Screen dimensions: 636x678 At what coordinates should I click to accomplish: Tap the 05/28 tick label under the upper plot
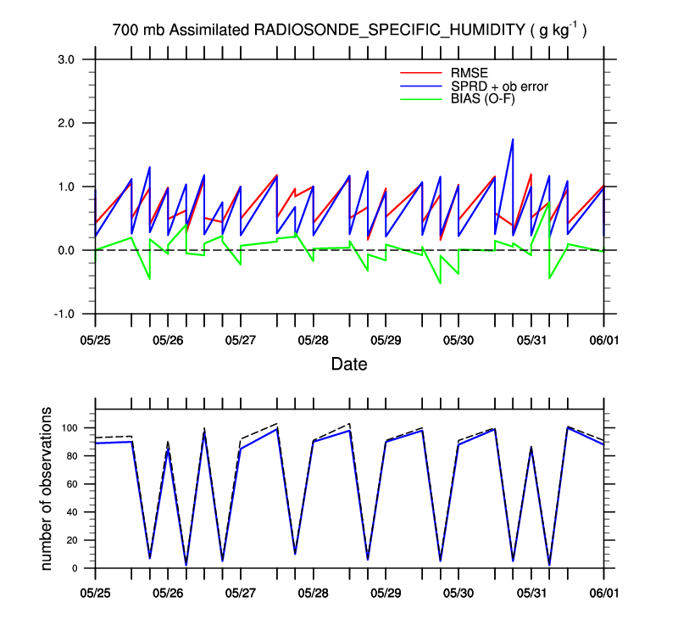coord(313,339)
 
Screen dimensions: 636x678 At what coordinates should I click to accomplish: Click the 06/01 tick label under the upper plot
coord(603,339)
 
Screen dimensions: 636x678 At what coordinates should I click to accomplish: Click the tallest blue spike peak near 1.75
coord(513,139)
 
